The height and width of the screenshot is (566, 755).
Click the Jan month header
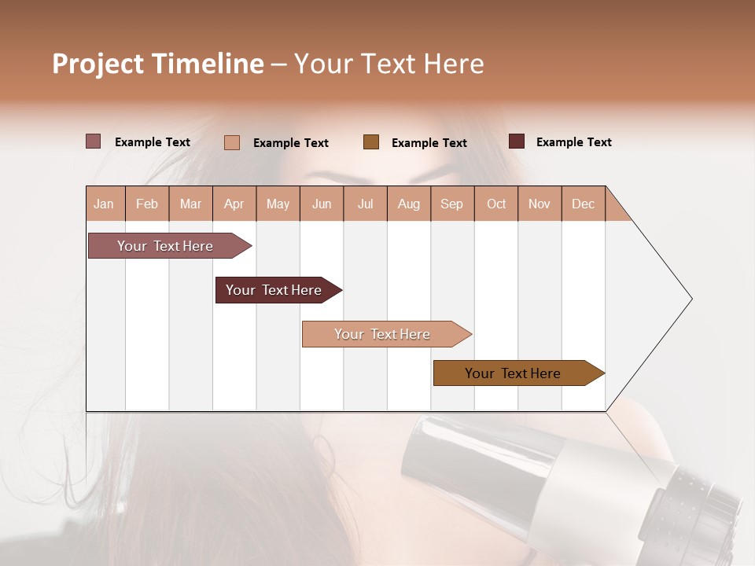click(x=104, y=204)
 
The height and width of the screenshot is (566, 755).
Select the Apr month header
click(x=234, y=204)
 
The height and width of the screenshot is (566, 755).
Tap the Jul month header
click(x=365, y=204)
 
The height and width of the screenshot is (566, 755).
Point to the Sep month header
click(x=451, y=204)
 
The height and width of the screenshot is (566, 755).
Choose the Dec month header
click(x=583, y=204)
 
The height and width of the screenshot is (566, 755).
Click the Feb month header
click(x=147, y=204)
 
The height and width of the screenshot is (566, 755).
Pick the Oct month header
click(x=496, y=204)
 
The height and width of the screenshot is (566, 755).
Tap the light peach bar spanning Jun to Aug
click(x=383, y=334)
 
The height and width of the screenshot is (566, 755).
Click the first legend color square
click(x=93, y=141)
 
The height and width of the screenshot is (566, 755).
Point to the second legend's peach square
click(x=232, y=142)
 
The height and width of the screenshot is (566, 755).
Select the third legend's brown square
click(x=371, y=142)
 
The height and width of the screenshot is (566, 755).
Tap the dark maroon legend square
click(x=517, y=141)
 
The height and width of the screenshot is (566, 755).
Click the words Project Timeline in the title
click(x=158, y=64)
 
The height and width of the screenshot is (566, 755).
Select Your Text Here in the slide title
click(x=389, y=64)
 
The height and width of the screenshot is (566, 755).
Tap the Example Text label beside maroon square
click(x=573, y=142)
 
